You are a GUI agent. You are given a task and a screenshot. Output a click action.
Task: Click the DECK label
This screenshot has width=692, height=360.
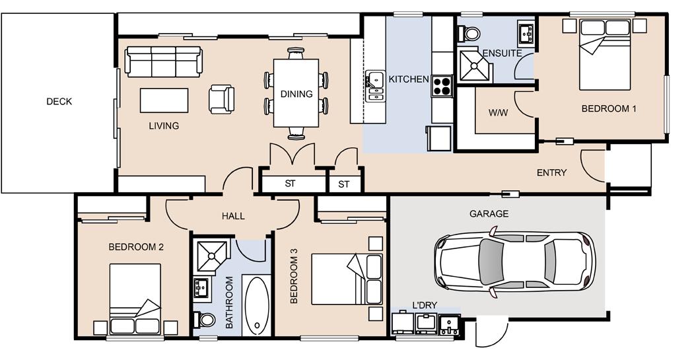pyautogui.click(x=59, y=102)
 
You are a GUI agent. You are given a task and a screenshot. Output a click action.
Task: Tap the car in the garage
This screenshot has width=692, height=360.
pyautogui.click(x=514, y=263)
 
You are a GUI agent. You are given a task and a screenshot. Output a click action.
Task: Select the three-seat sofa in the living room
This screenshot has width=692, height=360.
pyautogui.click(x=164, y=61)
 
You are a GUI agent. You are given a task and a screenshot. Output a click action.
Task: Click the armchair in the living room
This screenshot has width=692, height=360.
pyautogui.click(x=222, y=99)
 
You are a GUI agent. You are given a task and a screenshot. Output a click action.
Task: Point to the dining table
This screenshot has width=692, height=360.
pyautogui.click(x=296, y=92)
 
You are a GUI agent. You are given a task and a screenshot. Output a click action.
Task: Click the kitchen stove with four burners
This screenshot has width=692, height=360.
pyautogui.click(x=442, y=86)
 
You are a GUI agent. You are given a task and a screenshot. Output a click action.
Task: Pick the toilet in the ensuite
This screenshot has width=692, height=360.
pyautogui.click(x=469, y=33)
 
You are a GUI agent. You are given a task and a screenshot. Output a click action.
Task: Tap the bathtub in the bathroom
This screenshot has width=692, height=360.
pyautogui.click(x=256, y=305)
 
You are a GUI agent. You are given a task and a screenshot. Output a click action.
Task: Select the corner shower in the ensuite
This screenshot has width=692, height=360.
pyautogui.click(x=474, y=66)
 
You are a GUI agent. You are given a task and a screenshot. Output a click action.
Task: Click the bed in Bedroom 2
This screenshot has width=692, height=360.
pyautogui.click(x=135, y=299)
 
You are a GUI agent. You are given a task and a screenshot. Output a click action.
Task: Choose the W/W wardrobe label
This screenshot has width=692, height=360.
pyautogui.click(x=499, y=113)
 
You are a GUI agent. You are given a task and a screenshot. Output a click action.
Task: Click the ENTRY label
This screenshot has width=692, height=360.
pyautogui.click(x=551, y=172)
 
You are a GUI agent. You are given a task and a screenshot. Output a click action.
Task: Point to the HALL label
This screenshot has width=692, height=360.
pyautogui.click(x=233, y=216)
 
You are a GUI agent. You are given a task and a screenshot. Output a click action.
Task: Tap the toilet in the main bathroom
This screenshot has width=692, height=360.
pyautogui.click(x=204, y=319)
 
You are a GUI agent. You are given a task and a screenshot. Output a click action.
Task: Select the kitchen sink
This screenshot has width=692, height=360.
pyautogui.click(x=375, y=86)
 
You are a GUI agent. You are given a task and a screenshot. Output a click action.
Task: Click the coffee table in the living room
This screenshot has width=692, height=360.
pyautogui.click(x=164, y=100)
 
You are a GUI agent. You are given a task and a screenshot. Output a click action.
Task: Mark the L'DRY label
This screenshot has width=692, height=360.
pyautogui.click(x=424, y=305)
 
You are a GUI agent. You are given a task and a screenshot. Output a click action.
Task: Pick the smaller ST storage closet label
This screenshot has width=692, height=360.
pyautogui.click(x=344, y=184)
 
